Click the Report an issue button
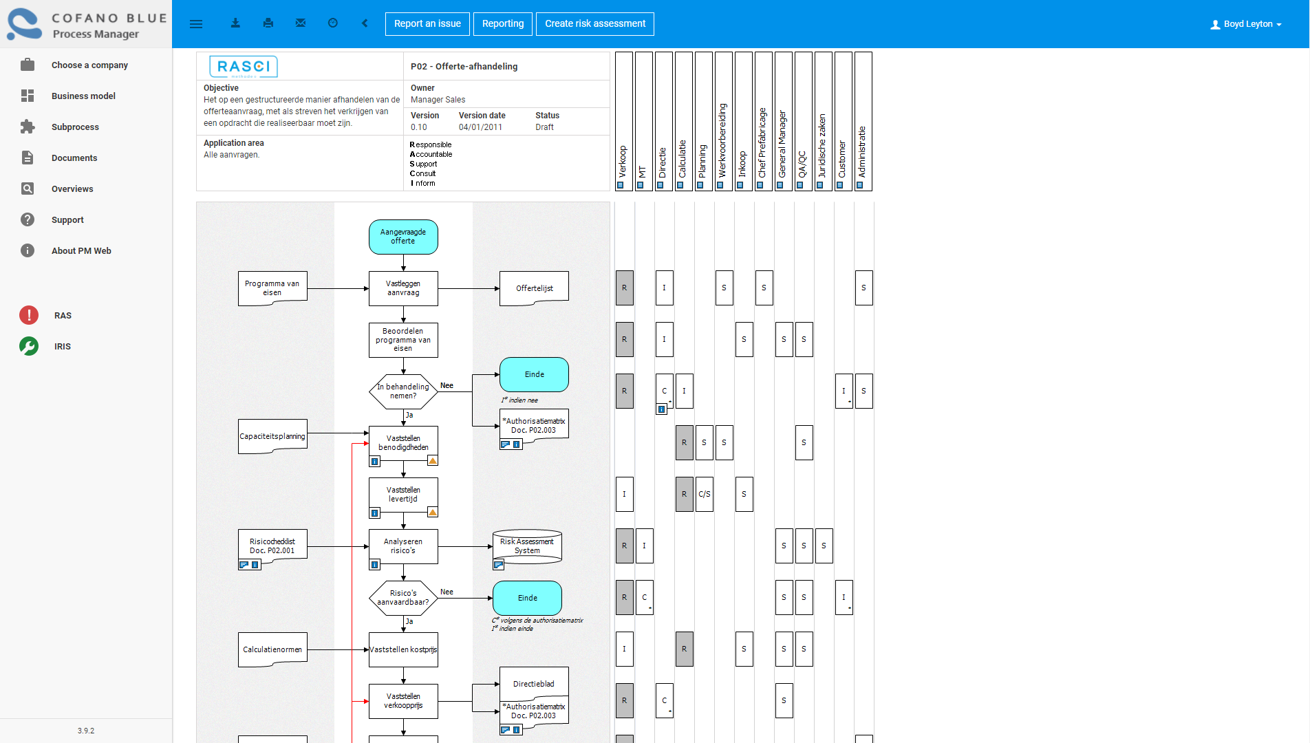click(427, 23)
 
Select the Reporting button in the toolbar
click(503, 23)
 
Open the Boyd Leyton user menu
click(1246, 24)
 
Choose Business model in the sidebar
click(83, 96)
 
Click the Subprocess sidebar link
click(75, 127)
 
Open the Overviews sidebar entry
click(72, 189)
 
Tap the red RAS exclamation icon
click(29, 315)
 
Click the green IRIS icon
click(29, 346)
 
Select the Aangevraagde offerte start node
click(403, 237)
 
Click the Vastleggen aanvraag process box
click(403, 288)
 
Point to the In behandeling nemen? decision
click(403, 391)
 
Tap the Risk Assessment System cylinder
click(528, 546)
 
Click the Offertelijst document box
click(535, 288)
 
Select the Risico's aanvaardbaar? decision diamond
click(403, 598)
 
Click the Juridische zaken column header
click(823, 121)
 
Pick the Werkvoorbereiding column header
click(723, 121)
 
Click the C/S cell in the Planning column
click(705, 494)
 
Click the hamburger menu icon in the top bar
click(196, 23)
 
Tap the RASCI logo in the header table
click(244, 67)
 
